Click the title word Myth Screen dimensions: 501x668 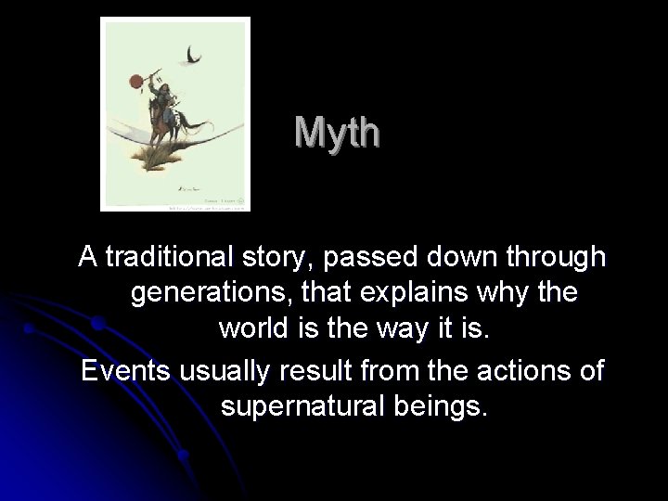[337, 133]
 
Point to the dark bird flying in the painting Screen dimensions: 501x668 [193, 57]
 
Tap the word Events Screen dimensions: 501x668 [123, 370]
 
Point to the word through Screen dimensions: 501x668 [557, 256]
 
